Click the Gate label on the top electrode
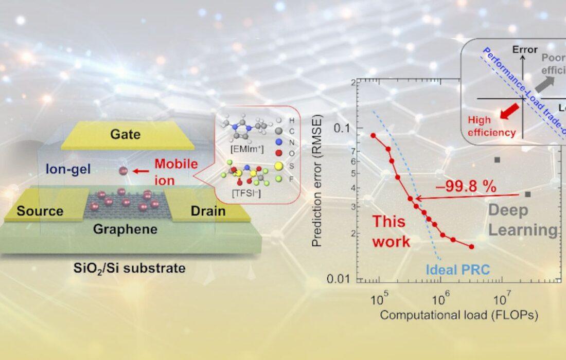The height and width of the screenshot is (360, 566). coord(126,135)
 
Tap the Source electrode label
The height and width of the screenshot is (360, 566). coord(40,211)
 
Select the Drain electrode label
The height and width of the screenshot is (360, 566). coord(208,211)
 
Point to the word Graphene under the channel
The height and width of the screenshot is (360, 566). coord(125,229)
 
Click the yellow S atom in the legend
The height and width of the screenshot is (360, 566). coord(279,166)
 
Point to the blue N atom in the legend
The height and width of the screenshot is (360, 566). coord(279,143)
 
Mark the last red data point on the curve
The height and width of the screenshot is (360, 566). coord(471,247)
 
